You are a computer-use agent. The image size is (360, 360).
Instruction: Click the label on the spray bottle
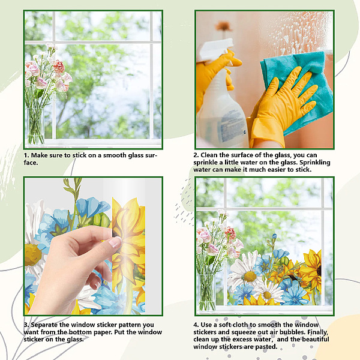[x=232, y=126]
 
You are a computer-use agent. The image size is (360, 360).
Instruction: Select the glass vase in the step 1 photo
[x=35, y=126]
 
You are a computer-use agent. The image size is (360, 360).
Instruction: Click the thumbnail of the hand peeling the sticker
[x=93, y=246]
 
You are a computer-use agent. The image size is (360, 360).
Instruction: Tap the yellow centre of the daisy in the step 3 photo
[x=33, y=255]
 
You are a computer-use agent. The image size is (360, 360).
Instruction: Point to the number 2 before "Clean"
[x=196, y=155]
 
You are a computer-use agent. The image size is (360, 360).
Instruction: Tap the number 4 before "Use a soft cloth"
[x=196, y=325]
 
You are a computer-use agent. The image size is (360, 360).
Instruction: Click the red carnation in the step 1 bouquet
[x=59, y=66]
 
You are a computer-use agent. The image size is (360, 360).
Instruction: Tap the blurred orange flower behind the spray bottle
[x=223, y=26]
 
